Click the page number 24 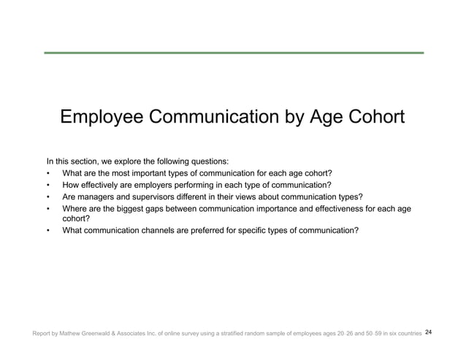[428, 333]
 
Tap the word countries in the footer [405, 334]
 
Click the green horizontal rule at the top [233, 53]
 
